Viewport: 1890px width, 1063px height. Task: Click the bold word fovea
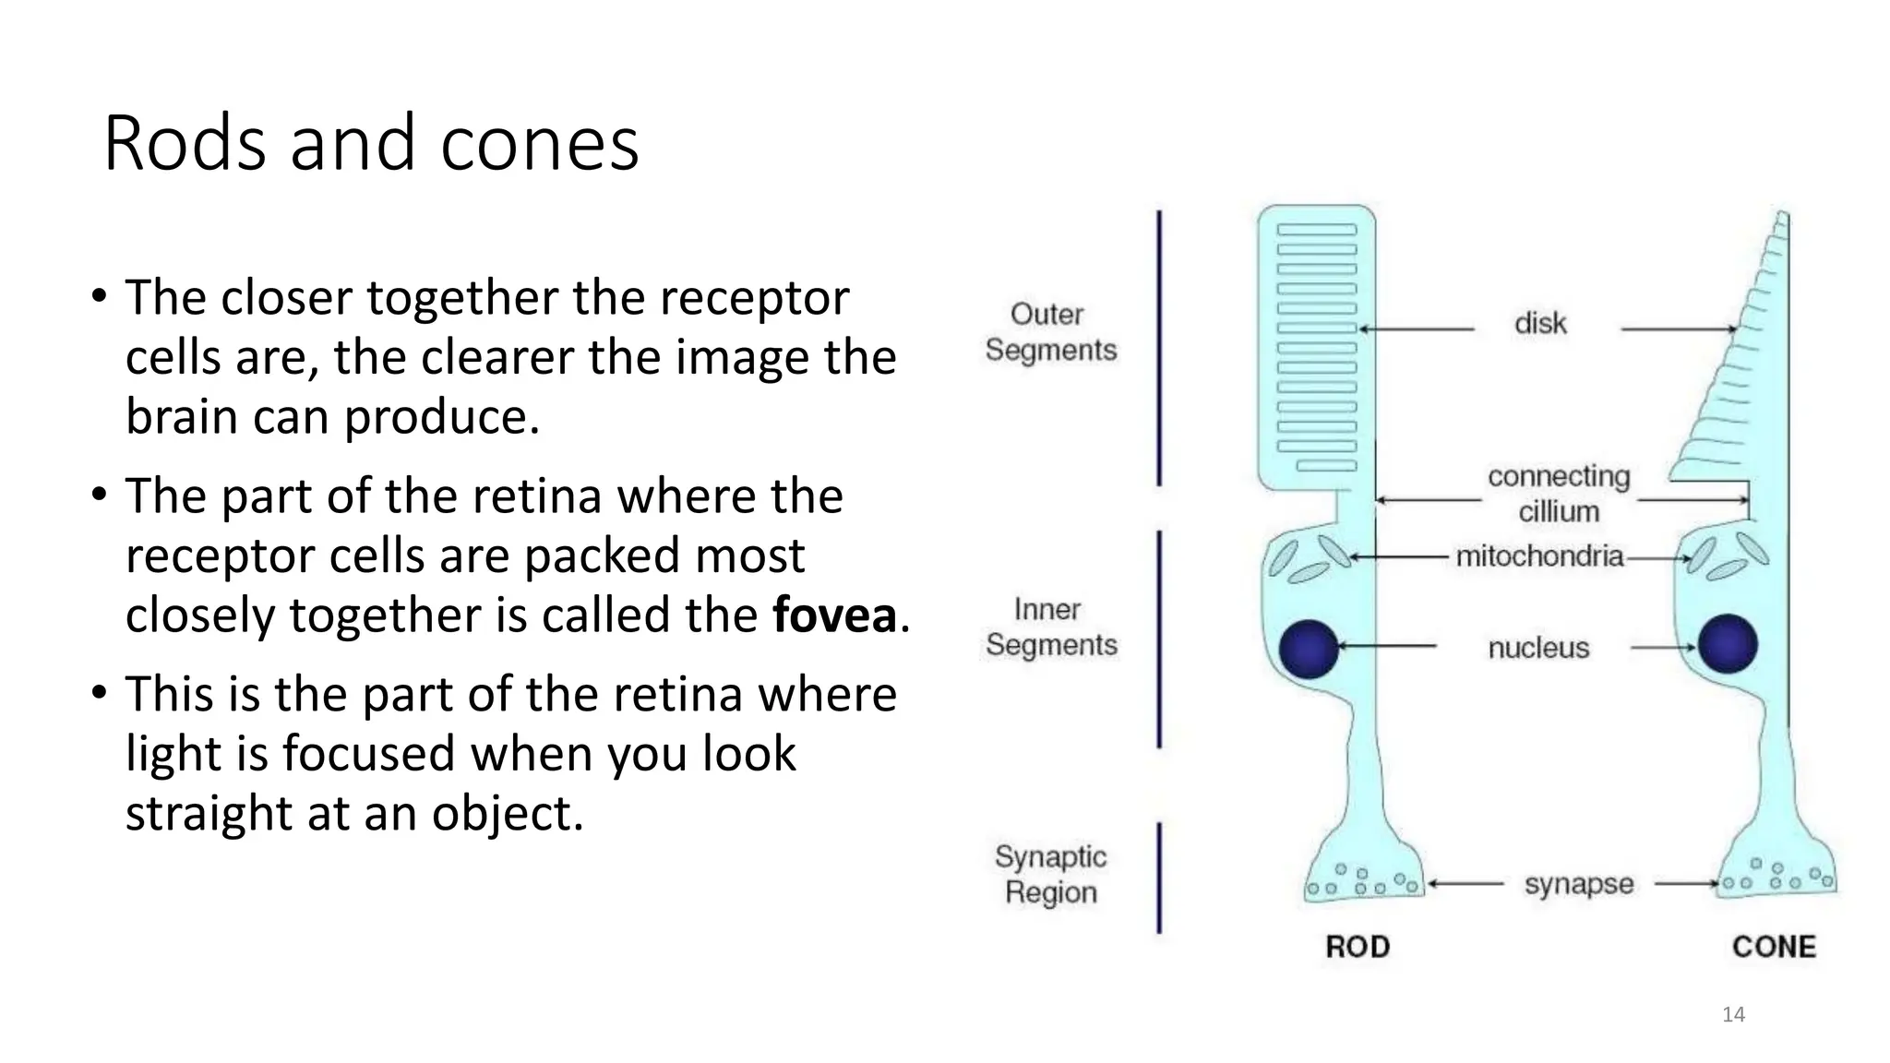click(x=834, y=615)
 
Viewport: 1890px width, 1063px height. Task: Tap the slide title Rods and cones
click(x=371, y=143)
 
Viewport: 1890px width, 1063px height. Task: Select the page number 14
click(x=1733, y=1015)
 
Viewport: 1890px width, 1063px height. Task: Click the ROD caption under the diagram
click(x=1358, y=947)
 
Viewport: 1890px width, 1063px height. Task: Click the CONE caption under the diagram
click(x=1774, y=947)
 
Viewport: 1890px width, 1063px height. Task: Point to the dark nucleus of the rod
click(x=1309, y=649)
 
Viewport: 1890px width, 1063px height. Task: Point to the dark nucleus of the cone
click(x=1728, y=643)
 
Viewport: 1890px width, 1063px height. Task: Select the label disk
click(x=1540, y=324)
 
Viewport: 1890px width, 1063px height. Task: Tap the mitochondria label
click(x=1539, y=556)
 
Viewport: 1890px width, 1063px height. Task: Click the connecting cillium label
click(x=1559, y=494)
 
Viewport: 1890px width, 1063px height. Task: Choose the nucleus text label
click(x=1538, y=648)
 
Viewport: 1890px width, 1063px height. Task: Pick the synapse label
click(x=1578, y=884)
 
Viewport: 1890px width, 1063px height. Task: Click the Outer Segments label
click(x=1050, y=332)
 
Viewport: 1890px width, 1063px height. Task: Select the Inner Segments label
click(x=1050, y=627)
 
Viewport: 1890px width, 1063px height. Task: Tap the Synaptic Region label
click(x=1050, y=874)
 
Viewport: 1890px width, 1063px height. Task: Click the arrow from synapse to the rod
click(x=1465, y=884)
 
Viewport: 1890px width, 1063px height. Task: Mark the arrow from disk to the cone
click(x=1678, y=328)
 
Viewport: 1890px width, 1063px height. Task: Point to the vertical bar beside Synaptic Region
click(x=1159, y=878)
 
